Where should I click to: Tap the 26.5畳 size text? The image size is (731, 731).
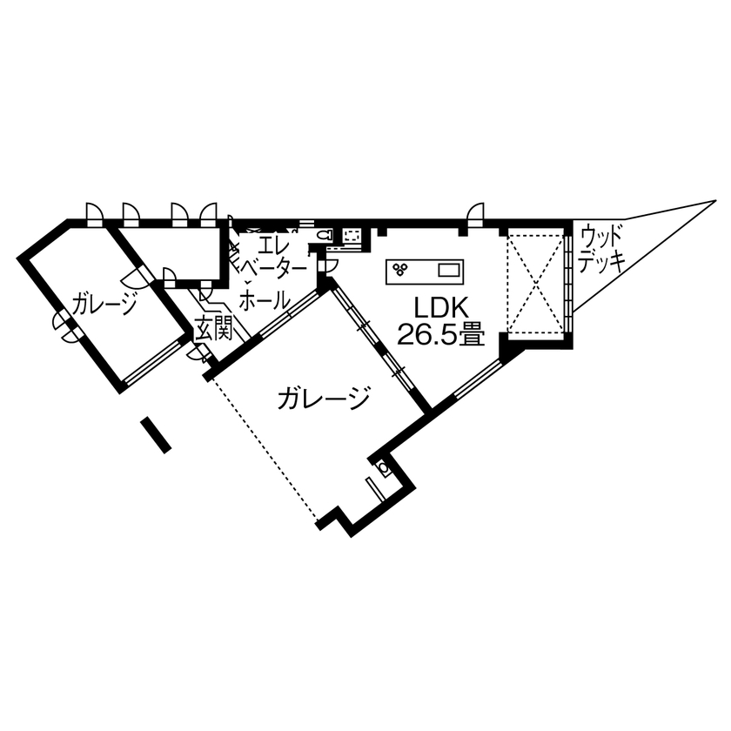click(440, 334)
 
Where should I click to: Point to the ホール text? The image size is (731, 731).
click(264, 301)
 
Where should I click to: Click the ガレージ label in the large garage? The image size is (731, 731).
click(324, 399)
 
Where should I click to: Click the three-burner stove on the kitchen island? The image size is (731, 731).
click(401, 269)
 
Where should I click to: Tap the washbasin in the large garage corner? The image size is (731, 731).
click(384, 469)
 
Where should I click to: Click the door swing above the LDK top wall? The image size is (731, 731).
click(475, 211)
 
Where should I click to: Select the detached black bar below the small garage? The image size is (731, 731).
click(156, 435)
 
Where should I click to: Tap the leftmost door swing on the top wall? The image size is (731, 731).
click(93, 212)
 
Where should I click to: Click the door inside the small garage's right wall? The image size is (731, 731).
click(137, 276)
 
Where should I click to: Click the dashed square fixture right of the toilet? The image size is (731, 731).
click(353, 235)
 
